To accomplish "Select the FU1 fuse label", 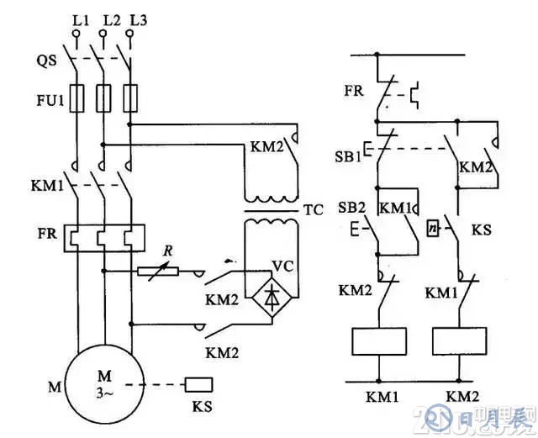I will click(x=47, y=101).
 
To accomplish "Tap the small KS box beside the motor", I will click(x=199, y=384).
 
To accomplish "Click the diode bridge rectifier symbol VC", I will click(x=268, y=295).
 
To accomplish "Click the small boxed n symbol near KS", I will click(x=433, y=228).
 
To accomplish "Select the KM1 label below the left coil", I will click(x=377, y=395).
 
